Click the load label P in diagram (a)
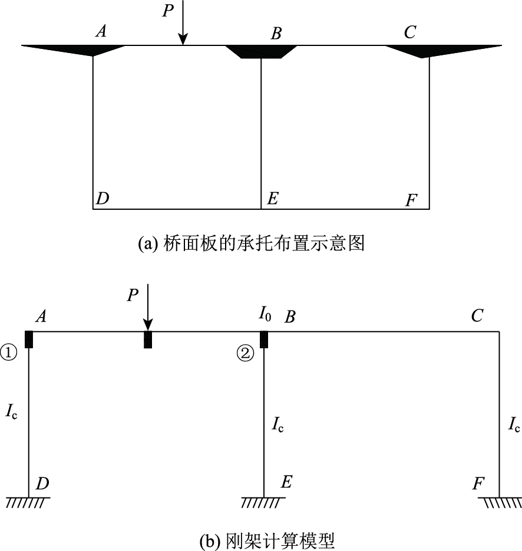(169, 11)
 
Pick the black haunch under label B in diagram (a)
(261, 52)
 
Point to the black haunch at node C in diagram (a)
(434, 50)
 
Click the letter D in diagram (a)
(103, 199)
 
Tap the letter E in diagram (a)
(272, 199)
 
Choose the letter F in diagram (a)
(411, 201)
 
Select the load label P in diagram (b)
(133, 295)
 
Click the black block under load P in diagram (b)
(148, 339)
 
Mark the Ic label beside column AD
(11, 411)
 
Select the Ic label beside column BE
(277, 424)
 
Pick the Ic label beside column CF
(513, 424)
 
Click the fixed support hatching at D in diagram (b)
(28, 502)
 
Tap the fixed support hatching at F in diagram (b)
(500, 502)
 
